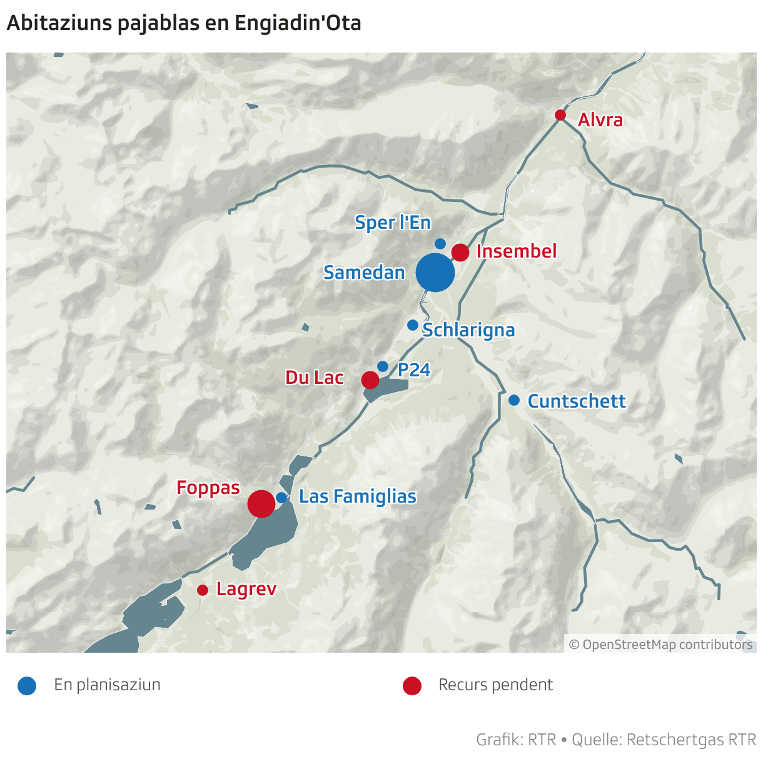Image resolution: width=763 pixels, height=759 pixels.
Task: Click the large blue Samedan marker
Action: point(435,273)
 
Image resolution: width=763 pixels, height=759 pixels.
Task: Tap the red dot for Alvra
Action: point(560,115)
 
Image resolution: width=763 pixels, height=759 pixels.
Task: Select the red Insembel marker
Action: point(460,253)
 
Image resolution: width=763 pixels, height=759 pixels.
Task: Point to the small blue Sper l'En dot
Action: point(440,244)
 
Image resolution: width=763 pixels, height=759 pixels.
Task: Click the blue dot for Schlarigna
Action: point(413,325)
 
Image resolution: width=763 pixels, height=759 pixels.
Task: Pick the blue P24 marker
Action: point(383,366)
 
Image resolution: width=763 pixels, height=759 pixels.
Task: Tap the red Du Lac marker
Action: point(370,379)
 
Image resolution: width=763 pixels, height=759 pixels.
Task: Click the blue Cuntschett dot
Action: point(514,400)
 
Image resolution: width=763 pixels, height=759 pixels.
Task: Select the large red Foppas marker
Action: point(261,503)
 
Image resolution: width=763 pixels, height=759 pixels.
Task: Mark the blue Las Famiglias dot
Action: point(281,498)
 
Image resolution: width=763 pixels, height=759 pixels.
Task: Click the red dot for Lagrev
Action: point(203,590)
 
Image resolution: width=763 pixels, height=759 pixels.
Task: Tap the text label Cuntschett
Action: point(577,401)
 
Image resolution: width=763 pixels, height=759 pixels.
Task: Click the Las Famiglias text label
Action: point(358,496)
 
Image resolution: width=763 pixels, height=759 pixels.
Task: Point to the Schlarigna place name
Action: point(468,330)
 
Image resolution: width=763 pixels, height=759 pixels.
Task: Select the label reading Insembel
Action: point(517,251)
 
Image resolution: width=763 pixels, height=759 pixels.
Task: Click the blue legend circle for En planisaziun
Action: point(27,686)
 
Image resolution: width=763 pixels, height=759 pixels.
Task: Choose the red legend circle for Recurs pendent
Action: point(412,686)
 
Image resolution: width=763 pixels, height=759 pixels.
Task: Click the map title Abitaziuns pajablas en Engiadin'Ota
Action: point(184,23)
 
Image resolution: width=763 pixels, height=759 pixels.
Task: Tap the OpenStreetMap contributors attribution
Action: point(660,645)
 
